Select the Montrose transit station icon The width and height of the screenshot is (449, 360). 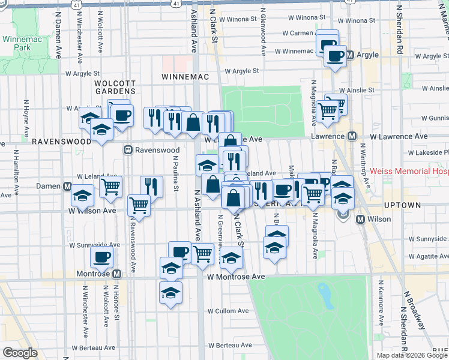[116, 274]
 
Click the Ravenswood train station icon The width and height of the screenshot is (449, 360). [127, 150]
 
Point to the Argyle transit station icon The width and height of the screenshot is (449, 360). [353, 55]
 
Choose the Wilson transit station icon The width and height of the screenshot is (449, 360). [361, 220]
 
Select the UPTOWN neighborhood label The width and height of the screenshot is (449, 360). [402, 205]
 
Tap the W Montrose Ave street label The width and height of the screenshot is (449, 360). [236, 277]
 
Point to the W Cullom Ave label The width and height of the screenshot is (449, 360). [228, 311]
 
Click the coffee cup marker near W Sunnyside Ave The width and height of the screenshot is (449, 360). [101, 257]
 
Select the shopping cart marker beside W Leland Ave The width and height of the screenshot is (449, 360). [110, 187]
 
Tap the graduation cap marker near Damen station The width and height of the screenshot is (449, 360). [82, 196]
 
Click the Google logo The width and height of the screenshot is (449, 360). [20, 353]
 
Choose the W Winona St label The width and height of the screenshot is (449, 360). [238, 19]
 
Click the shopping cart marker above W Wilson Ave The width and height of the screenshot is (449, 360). [139, 205]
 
